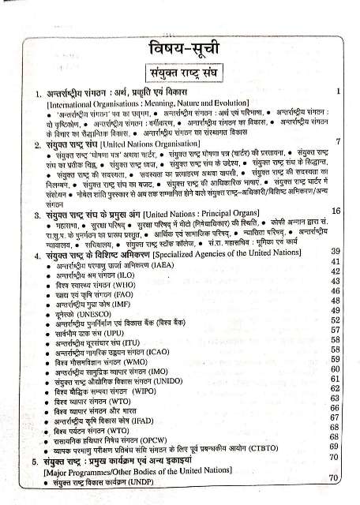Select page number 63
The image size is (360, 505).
(x=335, y=399)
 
